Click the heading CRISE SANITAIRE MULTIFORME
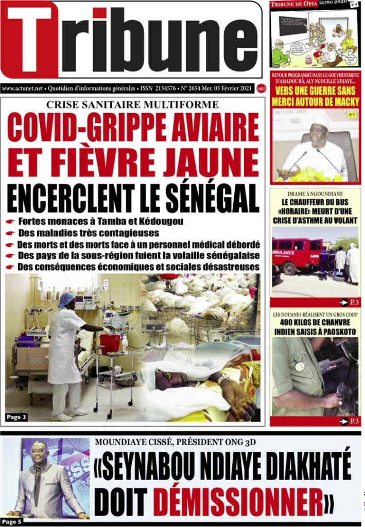point(132,104)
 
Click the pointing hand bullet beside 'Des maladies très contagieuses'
point(10,233)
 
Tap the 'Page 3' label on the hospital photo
point(16,417)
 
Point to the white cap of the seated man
point(320,121)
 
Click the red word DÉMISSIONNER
point(242,499)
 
